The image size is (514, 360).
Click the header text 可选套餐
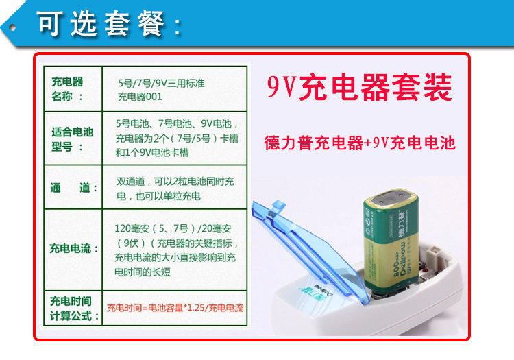(108, 23)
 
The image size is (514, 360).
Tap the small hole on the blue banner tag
(12, 27)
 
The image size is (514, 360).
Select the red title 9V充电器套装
(359, 88)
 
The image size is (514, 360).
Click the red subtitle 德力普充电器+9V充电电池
(360, 143)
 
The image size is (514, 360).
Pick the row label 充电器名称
(68, 89)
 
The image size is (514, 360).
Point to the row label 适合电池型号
(72, 139)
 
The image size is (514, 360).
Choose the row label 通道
(74, 188)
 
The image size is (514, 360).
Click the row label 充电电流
(74, 248)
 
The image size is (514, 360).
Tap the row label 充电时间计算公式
(74, 309)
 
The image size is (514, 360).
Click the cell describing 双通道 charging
(175, 189)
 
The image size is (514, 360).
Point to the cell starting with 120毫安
(176, 250)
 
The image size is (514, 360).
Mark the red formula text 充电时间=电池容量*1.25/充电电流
(175, 308)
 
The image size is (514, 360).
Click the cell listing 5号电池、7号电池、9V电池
(177, 138)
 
